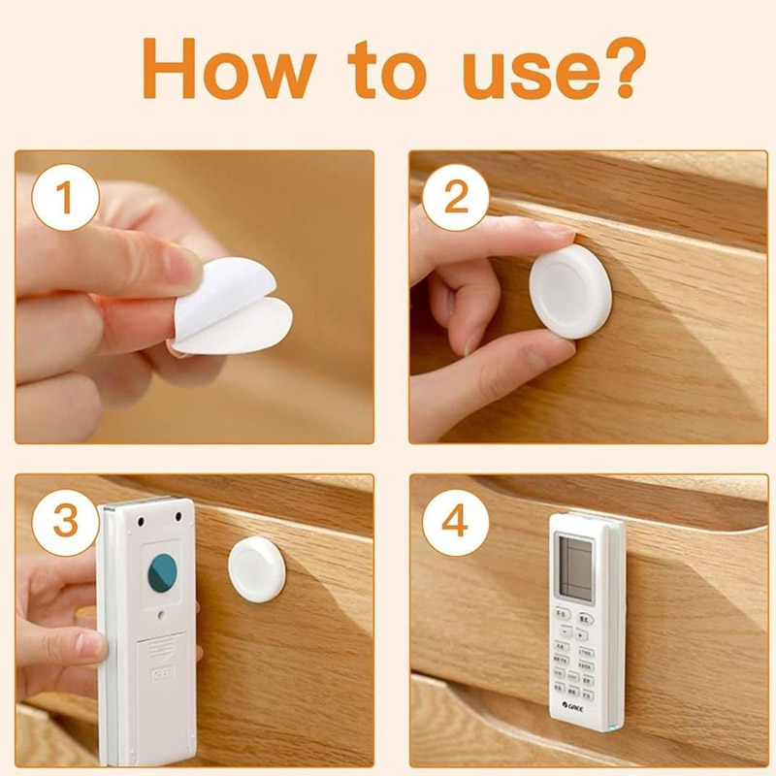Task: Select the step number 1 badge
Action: point(65,201)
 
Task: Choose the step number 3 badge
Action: point(65,521)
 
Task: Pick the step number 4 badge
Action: point(456,521)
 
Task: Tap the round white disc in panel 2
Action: point(570,290)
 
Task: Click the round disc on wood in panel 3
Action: point(257,568)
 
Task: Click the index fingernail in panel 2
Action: point(556,232)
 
